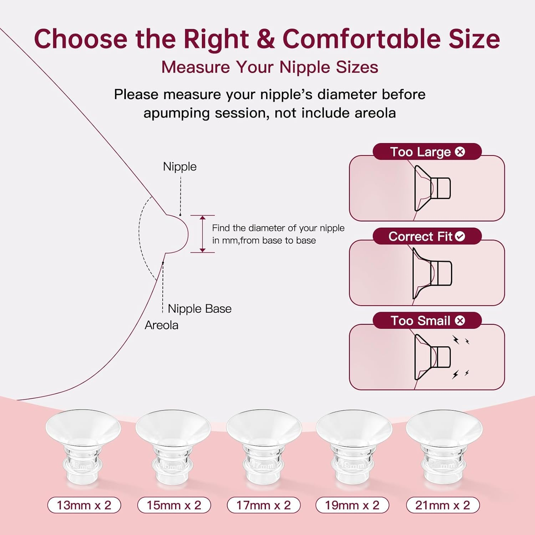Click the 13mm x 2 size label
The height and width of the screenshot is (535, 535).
coord(84,505)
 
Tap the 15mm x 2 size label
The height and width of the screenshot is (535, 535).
coord(174,505)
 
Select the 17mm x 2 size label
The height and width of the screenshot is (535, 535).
coord(264,505)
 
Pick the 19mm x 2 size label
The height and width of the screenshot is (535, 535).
coord(352,505)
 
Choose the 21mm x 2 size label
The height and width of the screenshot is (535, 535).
coord(443,505)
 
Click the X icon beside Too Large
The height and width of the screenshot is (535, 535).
coord(460,152)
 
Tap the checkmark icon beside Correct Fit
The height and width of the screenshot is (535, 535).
coord(460,236)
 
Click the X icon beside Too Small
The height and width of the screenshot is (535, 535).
coord(460,321)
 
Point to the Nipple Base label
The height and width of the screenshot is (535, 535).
coord(199,309)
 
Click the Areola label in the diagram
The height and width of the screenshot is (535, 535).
coord(161,325)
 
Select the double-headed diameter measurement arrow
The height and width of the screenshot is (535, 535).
coord(203,234)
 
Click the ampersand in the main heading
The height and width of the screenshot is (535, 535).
coord(265,39)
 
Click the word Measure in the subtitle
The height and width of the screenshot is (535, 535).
coord(195,67)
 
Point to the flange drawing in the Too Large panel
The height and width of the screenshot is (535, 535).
coord(432,188)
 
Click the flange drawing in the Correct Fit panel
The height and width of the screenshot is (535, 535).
coord(432,273)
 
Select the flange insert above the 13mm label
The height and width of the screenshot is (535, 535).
coord(83,446)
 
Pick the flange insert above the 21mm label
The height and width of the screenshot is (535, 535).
coord(444,446)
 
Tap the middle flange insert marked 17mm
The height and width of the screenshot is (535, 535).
coord(264,446)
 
